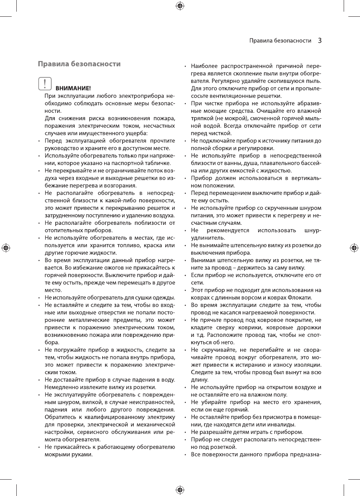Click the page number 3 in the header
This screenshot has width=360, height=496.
coord(320,40)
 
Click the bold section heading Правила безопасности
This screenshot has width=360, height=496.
coord(79,64)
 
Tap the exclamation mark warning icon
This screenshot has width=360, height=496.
coord(45,84)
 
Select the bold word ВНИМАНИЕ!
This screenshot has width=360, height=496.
coord(73,88)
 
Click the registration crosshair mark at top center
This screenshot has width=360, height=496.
coord(180,5)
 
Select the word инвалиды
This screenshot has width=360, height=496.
coord(283,424)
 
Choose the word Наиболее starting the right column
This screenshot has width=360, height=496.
coord(204,66)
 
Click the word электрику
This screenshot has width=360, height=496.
coord(160,417)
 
